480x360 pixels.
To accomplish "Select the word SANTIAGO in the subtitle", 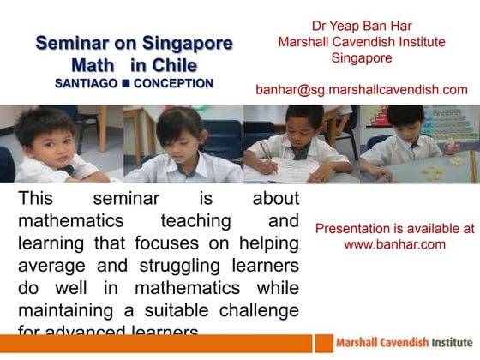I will coord(85,84).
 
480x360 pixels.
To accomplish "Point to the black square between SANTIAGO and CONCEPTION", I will coord(125,84).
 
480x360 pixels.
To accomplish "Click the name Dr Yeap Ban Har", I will coord(361,23).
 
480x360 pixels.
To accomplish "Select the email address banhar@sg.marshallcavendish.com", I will coord(361,89).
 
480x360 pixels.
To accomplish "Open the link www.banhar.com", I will coord(394,244).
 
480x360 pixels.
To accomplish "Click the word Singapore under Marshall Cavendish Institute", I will coord(361,58).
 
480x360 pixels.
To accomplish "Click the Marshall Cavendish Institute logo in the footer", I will coord(398,342).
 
